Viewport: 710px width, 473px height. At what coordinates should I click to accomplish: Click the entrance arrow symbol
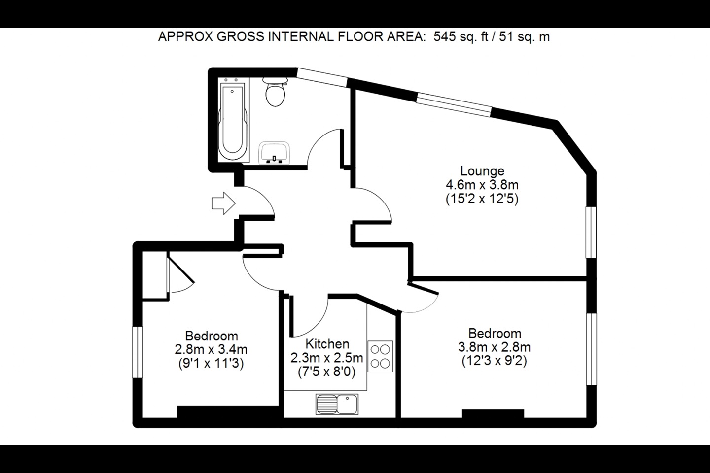pyautogui.click(x=223, y=203)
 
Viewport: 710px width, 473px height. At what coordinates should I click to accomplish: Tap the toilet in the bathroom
pyautogui.click(x=275, y=91)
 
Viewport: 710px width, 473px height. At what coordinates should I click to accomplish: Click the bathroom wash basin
pyautogui.click(x=274, y=153)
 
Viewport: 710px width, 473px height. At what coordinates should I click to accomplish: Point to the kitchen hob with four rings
pyautogui.click(x=380, y=356)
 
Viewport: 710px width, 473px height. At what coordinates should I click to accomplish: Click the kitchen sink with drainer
pyautogui.click(x=337, y=404)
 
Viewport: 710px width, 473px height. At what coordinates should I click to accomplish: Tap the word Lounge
pyautogui.click(x=482, y=171)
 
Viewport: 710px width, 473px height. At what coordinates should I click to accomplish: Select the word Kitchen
pyautogui.click(x=327, y=344)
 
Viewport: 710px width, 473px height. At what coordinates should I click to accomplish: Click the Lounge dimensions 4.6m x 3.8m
pyautogui.click(x=482, y=185)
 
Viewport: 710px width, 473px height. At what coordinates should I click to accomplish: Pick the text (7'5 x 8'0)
pyautogui.click(x=327, y=372)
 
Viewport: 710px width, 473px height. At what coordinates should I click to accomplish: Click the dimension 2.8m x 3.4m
pyautogui.click(x=211, y=350)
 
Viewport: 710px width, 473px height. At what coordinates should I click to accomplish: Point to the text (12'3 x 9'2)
pyautogui.click(x=495, y=361)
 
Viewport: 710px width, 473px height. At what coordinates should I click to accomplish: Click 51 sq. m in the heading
pyautogui.click(x=524, y=37)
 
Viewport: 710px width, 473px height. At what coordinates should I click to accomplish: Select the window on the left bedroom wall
pyautogui.click(x=138, y=352)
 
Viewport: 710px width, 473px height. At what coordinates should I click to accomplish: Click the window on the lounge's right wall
pyautogui.click(x=591, y=232)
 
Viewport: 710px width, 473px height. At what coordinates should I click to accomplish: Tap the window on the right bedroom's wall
pyautogui.click(x=591, y=349)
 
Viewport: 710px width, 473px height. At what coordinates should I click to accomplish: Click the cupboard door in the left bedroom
pyautogui.click(x=180, y=271)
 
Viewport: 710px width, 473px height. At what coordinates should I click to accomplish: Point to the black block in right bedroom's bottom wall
pyautogui.click(x=493, y=414)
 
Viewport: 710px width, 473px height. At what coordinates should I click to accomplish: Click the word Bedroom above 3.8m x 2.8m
pyautogui.click(x=495, y=334)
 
